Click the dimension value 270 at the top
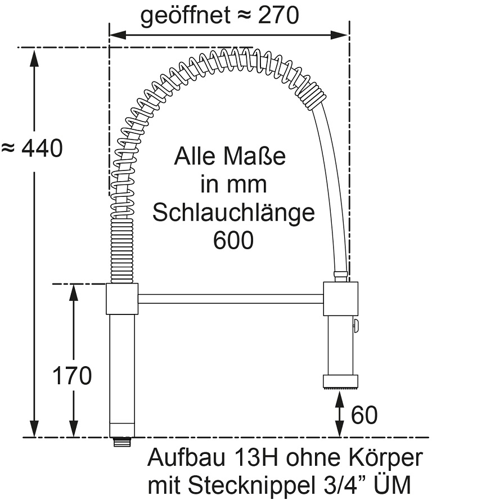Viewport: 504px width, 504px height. (278, 16)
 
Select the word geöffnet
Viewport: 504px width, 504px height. (186, 16)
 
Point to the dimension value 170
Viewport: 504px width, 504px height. (72, 376)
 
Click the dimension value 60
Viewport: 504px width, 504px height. (364, 416)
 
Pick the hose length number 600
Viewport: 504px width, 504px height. (233, 241)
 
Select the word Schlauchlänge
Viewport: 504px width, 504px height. (233, 213)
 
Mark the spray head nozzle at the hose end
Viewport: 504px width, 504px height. (340, 381)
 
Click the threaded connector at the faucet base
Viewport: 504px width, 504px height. (122, 442)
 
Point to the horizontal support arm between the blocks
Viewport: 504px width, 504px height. (231, 299)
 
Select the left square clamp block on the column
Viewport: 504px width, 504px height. (122, 299)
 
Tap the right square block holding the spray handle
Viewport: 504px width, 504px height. (340, 299)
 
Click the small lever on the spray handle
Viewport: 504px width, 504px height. (356, 326)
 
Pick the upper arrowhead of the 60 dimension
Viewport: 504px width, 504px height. (340, 397)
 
